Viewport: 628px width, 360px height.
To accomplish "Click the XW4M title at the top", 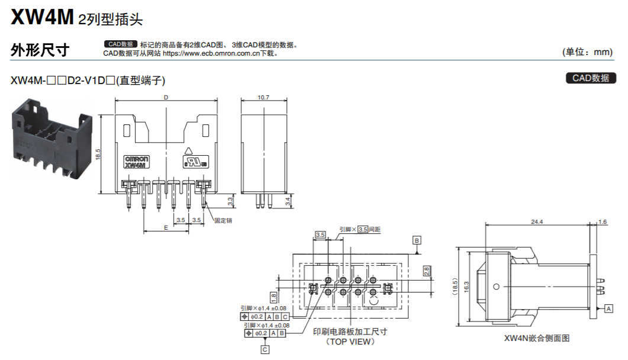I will pyautogui.click(x=41, y=17).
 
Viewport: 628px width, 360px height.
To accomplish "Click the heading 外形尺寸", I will pyautogui.click(x=40, y=51).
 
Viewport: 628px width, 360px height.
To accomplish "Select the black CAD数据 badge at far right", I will pyautogui.click(x=591, y=78).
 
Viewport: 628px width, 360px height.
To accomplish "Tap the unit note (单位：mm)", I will pyautogui.click(x=587, y=52).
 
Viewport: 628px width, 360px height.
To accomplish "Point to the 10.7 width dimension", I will pyautogui.click(x=263, y=98).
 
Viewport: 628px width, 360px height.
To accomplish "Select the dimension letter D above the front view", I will pyautogui.click(x=166, y=98).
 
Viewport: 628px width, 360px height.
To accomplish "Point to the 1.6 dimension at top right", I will pyautogui.click(x=603, y=221).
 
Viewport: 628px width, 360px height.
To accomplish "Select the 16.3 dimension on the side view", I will pyautogui.click(x=466, y=286).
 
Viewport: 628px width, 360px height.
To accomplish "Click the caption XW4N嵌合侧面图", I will pyautogui.click(x=536, y=339).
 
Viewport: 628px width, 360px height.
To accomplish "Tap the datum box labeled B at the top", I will pyautogui.click(x=417, y=240).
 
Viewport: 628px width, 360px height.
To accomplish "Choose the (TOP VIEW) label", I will pyautogui.click(x=350, y=342).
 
